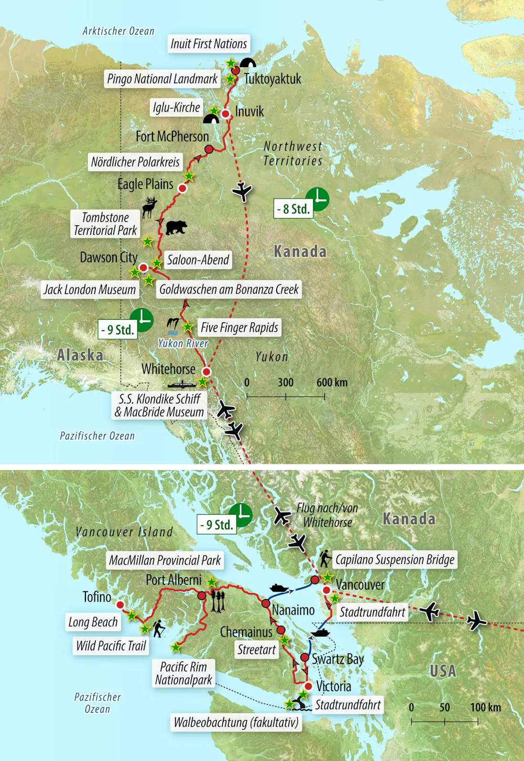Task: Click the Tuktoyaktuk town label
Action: coord(272,79)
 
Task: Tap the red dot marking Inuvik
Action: coord(225,114)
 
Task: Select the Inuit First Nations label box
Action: coord(209,44)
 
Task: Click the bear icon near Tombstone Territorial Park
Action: coord(176,227)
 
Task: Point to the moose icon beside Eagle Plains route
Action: coord(150,208)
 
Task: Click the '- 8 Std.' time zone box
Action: coord(293,209)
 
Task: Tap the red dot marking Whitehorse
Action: coord(206,372)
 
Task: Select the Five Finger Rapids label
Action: coord(239,328)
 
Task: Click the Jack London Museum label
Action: coord(90,290)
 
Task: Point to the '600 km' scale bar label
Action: coord(332,383)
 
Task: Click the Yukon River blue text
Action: coord(183,343)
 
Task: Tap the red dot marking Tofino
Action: coord(120,605)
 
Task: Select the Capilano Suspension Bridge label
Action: coord(395,560)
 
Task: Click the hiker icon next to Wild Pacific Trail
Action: coord(159,628)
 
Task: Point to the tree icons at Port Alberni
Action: coord(217,602)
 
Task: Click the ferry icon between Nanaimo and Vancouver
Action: coord(279,588)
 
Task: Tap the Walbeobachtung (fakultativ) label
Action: coord(236,723)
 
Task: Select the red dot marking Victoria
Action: coord(309,686)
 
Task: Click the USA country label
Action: coord(443,671)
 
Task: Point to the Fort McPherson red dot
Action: coord(209,149)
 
